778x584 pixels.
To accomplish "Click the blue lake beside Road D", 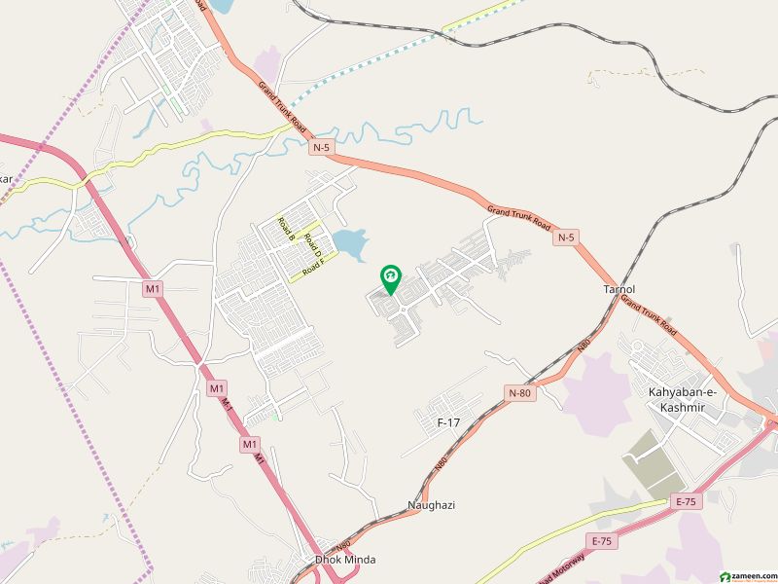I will tap(350, 243).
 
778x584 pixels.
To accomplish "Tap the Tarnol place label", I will tap(619, 290).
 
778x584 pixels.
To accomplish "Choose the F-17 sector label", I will tap(448, 422).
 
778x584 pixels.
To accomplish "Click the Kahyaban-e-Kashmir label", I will tap(682, 398).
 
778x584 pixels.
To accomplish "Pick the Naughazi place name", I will tap(431, 505).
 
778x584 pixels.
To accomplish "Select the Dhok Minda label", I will tap(345, 560).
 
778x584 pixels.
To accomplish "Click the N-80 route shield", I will tap(520, 392).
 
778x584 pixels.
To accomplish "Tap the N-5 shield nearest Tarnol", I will tap(567, 237).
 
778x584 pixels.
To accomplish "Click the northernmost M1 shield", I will tap(152, 288).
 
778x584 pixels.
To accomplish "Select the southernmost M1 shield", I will tap(250, 444).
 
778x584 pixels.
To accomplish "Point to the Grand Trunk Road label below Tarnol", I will tap(649, 318).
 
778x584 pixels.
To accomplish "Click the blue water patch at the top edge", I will tap(221, 8).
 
